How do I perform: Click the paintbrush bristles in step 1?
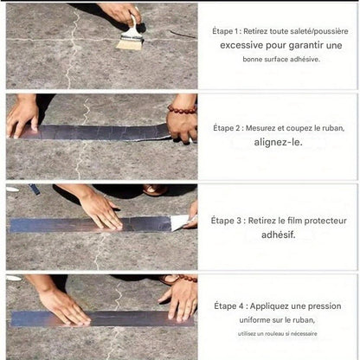[x=129, y=44]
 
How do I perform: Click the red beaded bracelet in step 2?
[x=182, y=109]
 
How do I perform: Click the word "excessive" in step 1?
[x=241, y=45]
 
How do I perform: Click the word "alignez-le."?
[x=278, y=142]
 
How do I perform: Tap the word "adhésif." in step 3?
[x=279, y=235]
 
